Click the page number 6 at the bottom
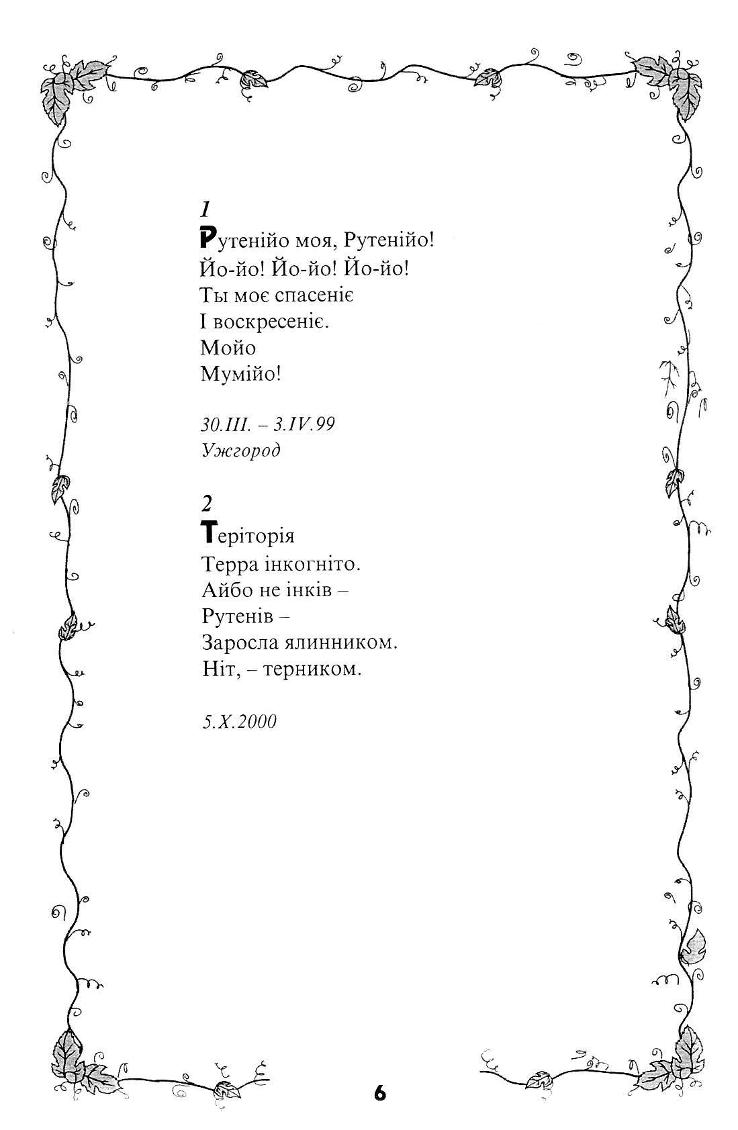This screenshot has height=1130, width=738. tap(380, 1093)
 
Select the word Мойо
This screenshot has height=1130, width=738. tap(228, 347)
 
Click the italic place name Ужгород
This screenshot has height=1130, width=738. tap(240, 450)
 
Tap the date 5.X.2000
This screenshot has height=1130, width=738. tap(239, 722)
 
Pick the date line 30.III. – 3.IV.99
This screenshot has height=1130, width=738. tap(267, 424)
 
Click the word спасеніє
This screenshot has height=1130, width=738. tap(308, 295)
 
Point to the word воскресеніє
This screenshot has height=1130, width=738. tap(272, 322)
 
